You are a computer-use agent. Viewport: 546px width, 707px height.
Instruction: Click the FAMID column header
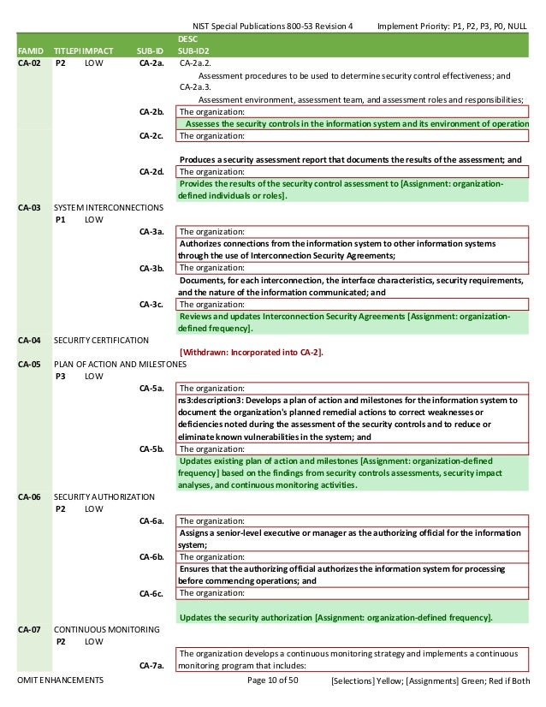click(31, 50)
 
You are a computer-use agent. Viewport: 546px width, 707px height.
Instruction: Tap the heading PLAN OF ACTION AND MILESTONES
click(120, 363)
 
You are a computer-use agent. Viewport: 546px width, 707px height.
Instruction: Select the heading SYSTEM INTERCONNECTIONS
click(108, 207)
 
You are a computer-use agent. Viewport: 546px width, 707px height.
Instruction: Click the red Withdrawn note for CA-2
click(251, 351)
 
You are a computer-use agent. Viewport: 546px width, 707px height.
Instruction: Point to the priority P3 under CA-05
click(62, 375)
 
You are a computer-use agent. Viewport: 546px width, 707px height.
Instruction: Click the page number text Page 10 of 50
click(272, 680)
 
